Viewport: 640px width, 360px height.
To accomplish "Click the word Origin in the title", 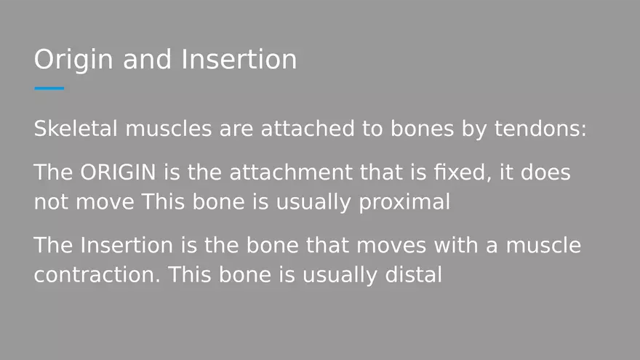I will (73, 60).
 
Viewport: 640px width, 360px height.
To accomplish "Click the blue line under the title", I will (49, 88).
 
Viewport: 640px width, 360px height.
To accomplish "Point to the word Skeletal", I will (76, 130).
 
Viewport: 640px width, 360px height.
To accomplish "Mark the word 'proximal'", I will (404, 202).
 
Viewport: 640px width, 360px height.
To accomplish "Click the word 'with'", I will (457, 246).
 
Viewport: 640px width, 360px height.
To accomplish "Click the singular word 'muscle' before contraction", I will (542, 246).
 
